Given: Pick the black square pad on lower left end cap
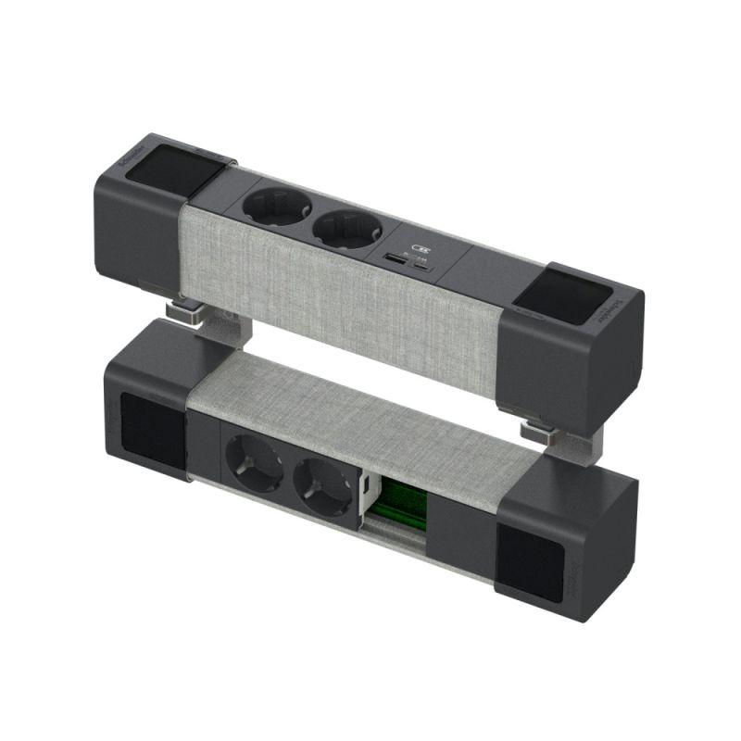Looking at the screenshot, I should coord(151,433).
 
